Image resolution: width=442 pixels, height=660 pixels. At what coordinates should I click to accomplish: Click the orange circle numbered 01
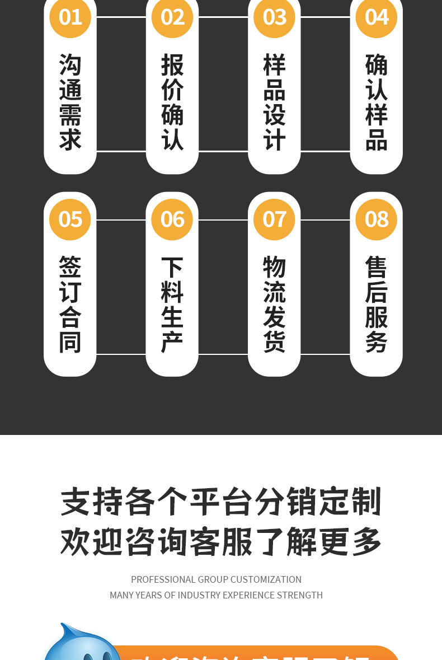pyautogui.click(x=70, y=17)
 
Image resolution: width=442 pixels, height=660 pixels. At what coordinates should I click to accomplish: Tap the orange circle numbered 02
pyautogui.click(x=172, y=17)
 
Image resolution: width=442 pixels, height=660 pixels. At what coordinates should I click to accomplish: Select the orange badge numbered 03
pyautogui.click(x=274, y=17)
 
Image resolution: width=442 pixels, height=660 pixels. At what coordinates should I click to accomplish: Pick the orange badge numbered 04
pyautogui.click(x=376, y=17)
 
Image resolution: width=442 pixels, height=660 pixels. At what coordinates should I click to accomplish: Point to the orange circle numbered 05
pyautogui.click(x=70, y=219)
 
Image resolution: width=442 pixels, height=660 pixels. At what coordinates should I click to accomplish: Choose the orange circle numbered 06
pyautogui.click(x=172, y=219)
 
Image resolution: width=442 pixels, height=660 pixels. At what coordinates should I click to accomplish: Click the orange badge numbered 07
pyautogui.click(x=274, y=219)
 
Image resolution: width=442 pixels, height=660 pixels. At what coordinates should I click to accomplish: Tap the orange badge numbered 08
pyautogui.click(x=376, y=219)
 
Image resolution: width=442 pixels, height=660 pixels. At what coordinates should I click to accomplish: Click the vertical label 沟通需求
pyautogui.click(x=70, y=102)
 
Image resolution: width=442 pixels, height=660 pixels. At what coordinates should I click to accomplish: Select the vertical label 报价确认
pyautogui.click(x=172, y=102)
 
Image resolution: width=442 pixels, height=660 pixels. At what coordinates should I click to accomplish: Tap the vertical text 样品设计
pyautogui.click(x=274, y=102)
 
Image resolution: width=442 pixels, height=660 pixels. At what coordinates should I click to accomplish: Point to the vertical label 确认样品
pyautogui.click(x=376, y=102)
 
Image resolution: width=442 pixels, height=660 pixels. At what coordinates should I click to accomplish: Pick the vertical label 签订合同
pyautogui.click(x=70, y=305)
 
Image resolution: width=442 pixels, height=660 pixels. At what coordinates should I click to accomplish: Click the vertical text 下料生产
pyautogui.click(x=172, y=305)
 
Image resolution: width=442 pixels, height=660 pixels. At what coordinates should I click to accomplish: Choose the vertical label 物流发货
pyautogui.click(x=274, y=305)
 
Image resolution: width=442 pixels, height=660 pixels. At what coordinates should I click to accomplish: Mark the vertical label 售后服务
pyautogui.click(x=376, y=305)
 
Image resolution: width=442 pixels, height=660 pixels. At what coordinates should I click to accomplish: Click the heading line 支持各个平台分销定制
pyautogui.click(x=221, y=502)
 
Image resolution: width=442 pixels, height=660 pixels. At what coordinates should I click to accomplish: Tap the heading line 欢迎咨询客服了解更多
pyautogui.click(x=221, y=542)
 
